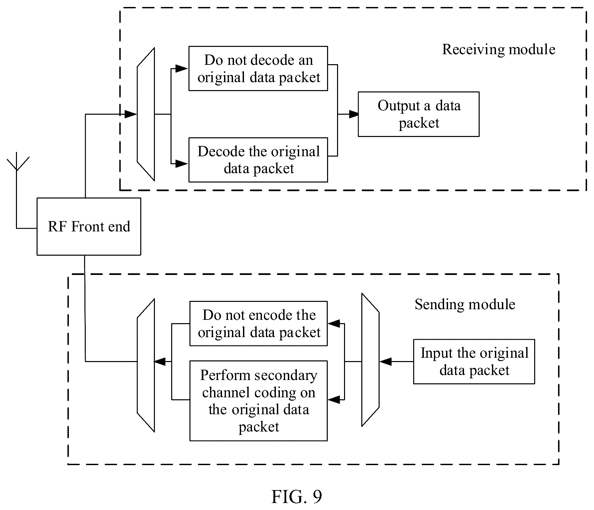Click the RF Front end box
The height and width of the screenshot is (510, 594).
coord(89,226)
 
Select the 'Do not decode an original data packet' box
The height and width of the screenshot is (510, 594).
coord(258,68)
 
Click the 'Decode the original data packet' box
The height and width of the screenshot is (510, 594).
coord(258,160)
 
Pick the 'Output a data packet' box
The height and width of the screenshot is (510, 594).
coord(418,114)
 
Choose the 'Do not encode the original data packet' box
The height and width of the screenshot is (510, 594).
coord(258,323)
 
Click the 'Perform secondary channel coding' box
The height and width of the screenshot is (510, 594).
coord(258,401)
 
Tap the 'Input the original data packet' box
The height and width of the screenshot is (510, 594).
coord(474,361)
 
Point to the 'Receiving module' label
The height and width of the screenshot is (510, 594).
coord(499,50)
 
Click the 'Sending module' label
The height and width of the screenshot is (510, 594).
coord(465,305)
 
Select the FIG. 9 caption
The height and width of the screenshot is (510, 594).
coord(297,497)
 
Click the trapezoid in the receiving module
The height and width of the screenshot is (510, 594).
coord(146,114)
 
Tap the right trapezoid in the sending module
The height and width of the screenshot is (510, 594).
coord(370,360)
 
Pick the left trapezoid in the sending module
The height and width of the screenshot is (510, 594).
coord(146,365)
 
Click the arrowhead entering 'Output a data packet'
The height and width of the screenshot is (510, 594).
coord(353,114)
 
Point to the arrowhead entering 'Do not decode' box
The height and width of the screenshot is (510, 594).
coord(182,68)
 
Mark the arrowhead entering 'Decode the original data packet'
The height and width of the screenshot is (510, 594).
coord(182,163)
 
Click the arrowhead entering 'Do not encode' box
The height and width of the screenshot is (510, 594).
coord(334,323)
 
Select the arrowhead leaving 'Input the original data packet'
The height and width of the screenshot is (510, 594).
coord(385,361)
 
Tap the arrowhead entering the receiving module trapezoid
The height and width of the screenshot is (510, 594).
coord(131,114)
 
